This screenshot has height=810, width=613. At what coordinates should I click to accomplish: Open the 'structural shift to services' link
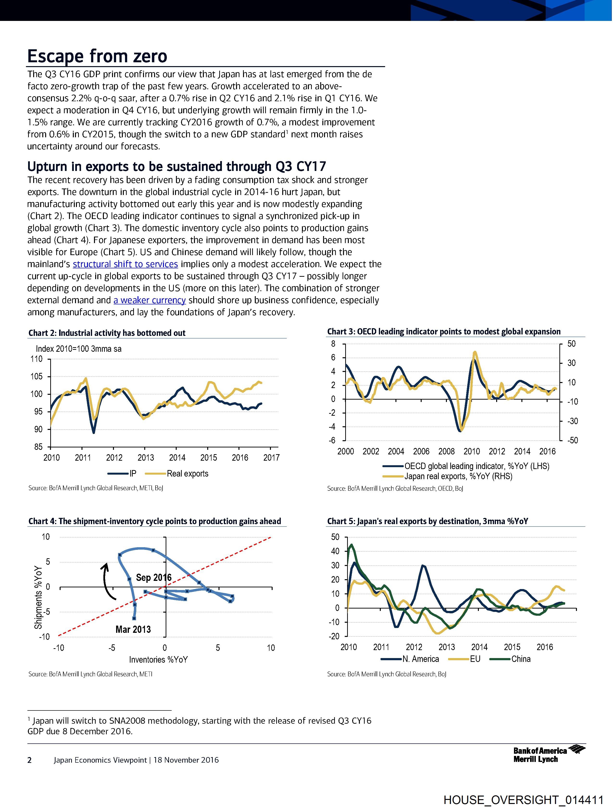(125, 264)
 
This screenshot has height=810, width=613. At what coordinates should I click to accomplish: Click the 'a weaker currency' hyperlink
(150, 300)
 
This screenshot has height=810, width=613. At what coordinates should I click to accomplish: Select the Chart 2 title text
(107, 333)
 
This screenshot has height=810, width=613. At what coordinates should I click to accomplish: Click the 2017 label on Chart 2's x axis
(271, 458)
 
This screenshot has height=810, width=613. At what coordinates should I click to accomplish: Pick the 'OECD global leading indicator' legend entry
(476, 466)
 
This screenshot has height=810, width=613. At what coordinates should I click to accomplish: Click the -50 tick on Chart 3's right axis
(572, 440)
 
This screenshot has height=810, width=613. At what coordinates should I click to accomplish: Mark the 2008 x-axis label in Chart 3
(446, 452)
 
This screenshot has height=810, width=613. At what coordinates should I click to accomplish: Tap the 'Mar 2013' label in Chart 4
(133, 629)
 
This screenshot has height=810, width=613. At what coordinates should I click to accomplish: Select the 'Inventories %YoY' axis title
(158, 659)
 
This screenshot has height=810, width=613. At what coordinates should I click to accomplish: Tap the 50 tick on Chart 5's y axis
(335, 537)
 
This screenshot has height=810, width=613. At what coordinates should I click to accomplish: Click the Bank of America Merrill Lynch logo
(549, 755)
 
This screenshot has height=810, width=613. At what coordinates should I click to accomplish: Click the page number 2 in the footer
(30, 760)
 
